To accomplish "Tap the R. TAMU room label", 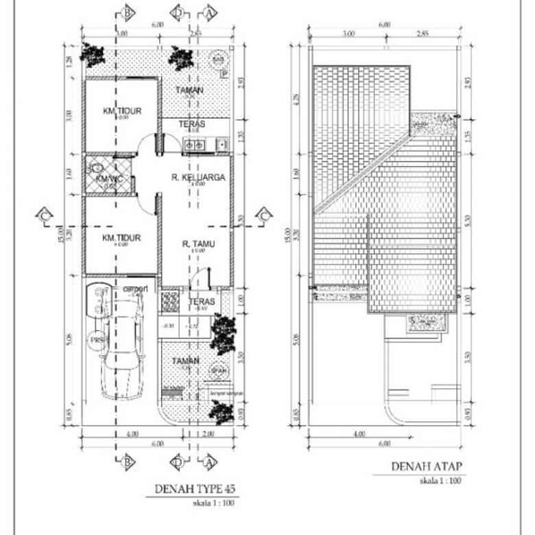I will (x=195, y=243).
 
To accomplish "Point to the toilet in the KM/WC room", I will (x=96, y=167).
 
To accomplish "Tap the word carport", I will (x=134, y=289).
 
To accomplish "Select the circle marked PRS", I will (x=96, y=338).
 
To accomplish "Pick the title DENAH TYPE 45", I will (x=189, y=489).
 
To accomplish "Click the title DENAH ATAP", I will (x=427, y=467).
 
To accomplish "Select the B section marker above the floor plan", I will (x=126, y=12).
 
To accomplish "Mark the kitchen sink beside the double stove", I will (x=221, y=143).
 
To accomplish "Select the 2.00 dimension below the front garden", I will (x=209, y=433).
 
